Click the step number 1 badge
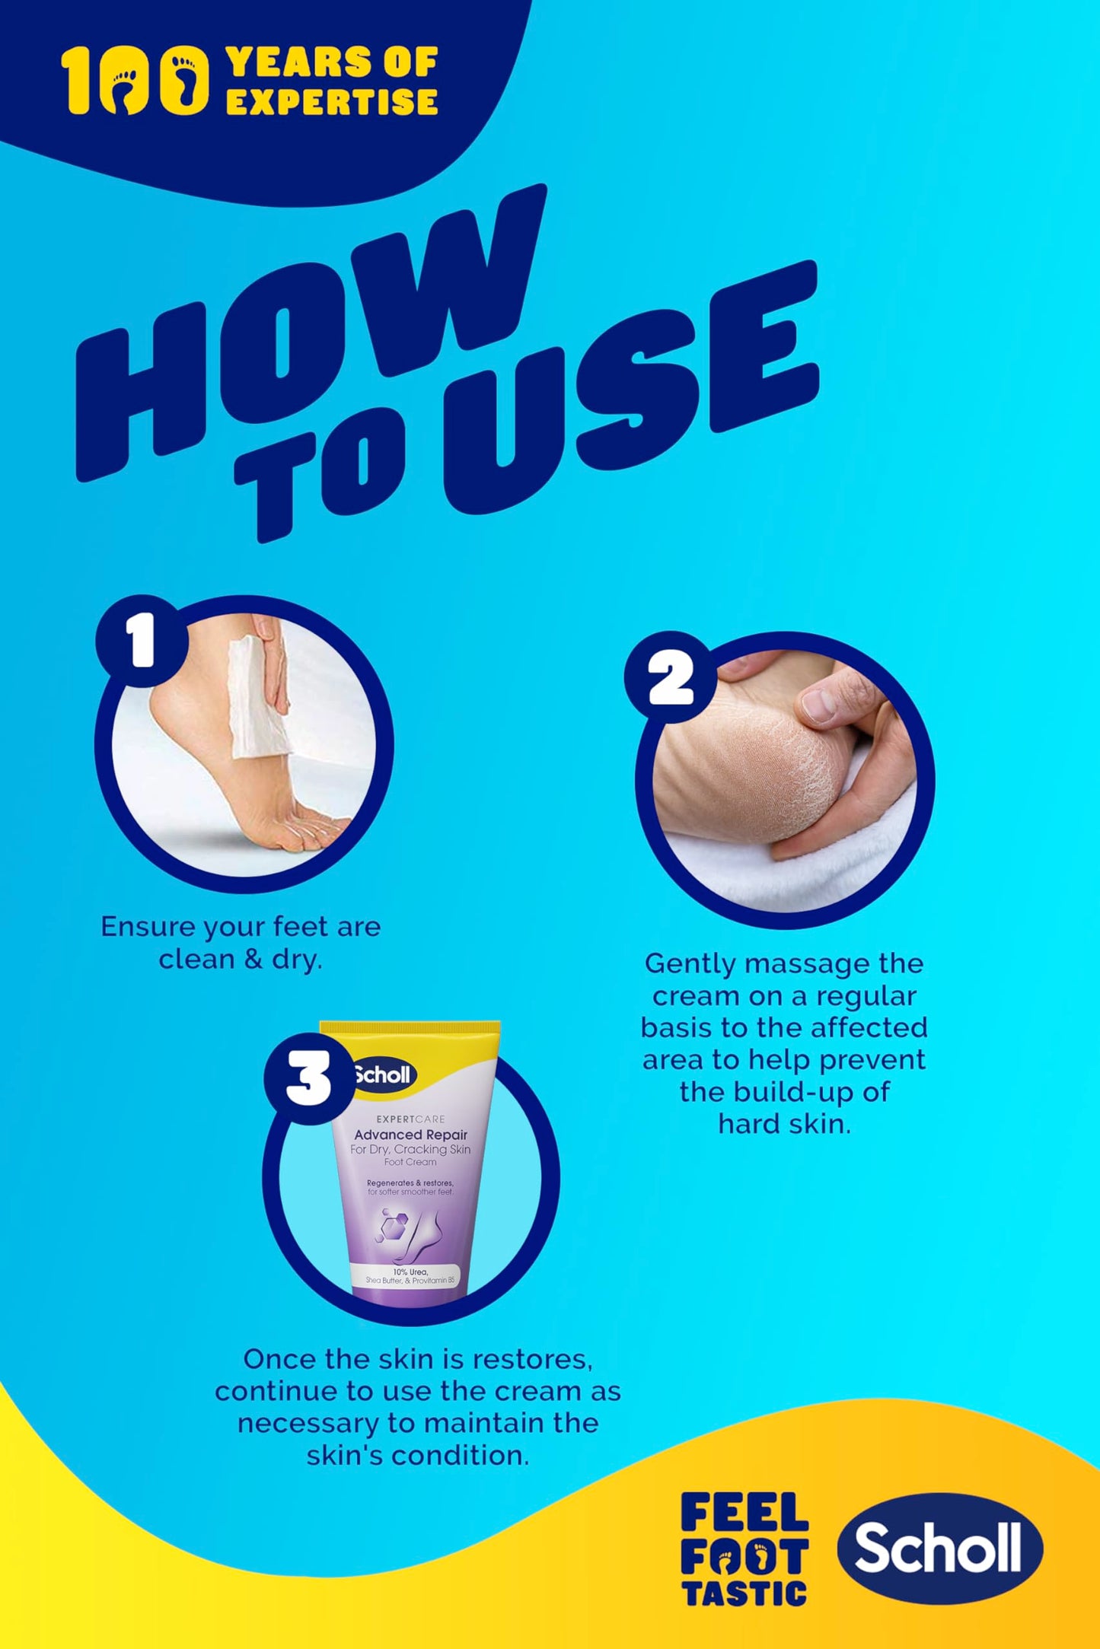pyautogui.click(x=142, y=641)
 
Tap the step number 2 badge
pyautogui.click(x=671, y=676)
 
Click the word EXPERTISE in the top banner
pyautogui.click(x=332, y=101)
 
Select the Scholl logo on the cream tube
pyautogui.click(x=383, y=1074)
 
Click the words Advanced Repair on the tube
pyautogui.click(x=410, y=1135)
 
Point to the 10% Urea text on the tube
pyautogui.click(x=410, y=1272)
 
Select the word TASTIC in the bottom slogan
pyautogui.click(x=744, y=1593)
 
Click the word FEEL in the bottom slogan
pyautogui.click(x=744, y=1512)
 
